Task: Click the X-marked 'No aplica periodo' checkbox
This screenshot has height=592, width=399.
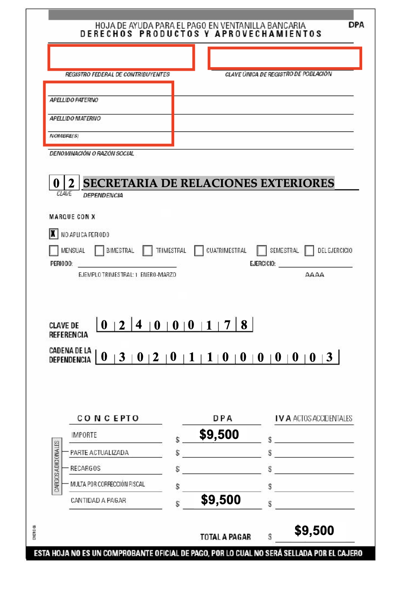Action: point(53,234)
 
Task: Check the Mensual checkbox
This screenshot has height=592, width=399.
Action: point(53,251)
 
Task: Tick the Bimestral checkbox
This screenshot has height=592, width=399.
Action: point(99,251)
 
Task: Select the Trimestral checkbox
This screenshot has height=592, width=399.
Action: point(148,251)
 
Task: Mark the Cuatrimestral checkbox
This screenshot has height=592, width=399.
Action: point(199,251)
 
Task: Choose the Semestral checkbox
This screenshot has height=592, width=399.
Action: point(262,251)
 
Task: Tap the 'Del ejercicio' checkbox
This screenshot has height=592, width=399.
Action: point(309,251)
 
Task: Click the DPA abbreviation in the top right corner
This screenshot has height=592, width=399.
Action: point(356,25)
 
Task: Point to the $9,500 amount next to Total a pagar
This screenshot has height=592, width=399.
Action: point(314,530)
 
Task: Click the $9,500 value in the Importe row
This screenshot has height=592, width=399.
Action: point(219,434)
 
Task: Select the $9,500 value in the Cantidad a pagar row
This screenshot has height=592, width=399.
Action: point(221,500)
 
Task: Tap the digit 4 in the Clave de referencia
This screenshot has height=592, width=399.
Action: point(139,324)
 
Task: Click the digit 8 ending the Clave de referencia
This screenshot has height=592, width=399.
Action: point(244,324)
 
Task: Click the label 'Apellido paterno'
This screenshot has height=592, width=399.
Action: point(74,100)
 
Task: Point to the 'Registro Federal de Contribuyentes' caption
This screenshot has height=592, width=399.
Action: point(118,74)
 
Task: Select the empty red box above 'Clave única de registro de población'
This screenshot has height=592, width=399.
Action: point(285,58)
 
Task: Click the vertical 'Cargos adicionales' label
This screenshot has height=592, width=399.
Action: point(57,467)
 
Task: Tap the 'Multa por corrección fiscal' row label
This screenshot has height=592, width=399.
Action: point(108,484)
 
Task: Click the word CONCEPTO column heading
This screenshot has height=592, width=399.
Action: point(108,418)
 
